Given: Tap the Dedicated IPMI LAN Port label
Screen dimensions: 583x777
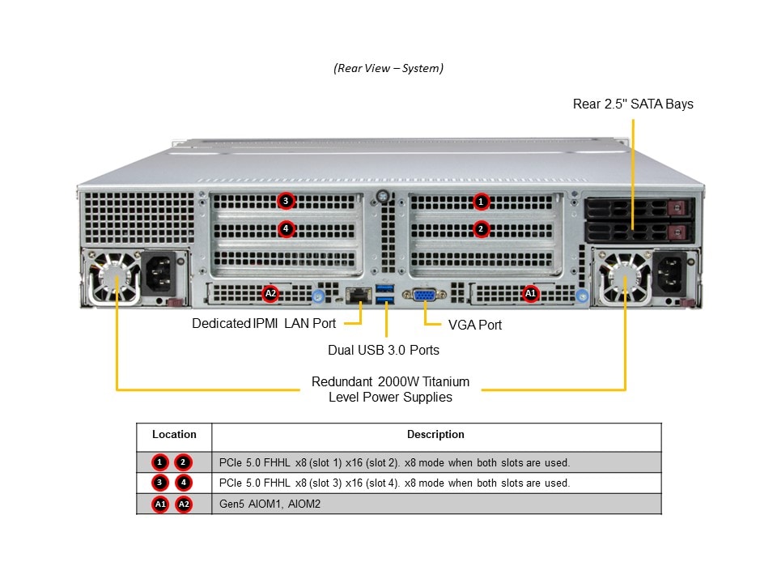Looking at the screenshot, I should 264,324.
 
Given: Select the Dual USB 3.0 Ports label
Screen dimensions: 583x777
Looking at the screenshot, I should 384,350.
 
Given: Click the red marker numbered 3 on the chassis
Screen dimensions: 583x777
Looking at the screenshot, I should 285,201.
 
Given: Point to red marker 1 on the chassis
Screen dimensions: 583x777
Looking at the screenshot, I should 481,201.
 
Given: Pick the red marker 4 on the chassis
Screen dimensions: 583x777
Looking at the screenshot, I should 285,229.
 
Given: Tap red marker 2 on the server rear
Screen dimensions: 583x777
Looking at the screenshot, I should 481,229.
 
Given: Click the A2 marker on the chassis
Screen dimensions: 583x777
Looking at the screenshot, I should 271,294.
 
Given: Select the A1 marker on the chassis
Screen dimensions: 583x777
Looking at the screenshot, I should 531,294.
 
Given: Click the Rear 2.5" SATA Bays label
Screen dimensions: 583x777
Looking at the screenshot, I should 633,104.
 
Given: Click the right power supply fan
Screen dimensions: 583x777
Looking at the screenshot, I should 625,278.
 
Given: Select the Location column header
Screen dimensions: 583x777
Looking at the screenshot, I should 174,435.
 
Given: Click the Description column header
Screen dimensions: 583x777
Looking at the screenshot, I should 435,435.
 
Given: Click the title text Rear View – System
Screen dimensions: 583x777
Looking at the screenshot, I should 388,68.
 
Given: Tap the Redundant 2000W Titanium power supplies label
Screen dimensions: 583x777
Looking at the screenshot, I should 390,389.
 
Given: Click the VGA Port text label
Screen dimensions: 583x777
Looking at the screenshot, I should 475,325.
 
